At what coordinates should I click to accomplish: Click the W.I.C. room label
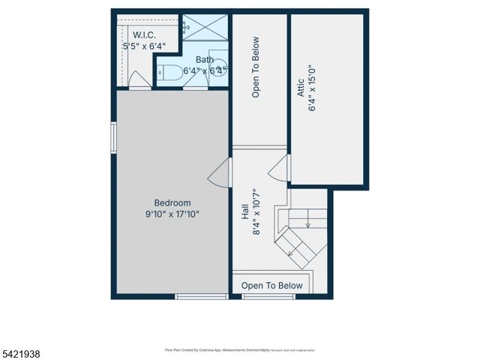(145, 35)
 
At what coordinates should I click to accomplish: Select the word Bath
(205, 60)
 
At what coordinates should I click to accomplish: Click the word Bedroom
(172, 202)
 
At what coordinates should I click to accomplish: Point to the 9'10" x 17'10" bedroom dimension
(172, 214)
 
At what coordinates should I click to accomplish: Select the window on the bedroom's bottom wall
(201, 296)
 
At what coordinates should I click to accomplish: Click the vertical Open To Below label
(256, 67)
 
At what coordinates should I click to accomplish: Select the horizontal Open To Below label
(272, 286)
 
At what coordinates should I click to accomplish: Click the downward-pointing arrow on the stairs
(308, 222)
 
